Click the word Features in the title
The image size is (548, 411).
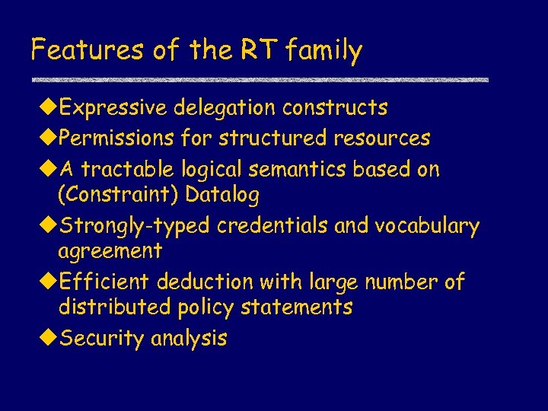click(x=78, y=51)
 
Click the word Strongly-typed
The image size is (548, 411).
click(x=135, y=227)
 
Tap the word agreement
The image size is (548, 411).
click(x=110, y=251)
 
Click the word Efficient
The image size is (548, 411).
click(x=105, y=282)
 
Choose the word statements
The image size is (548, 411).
click(x=304, y=307)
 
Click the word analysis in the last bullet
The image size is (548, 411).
click(x=189, y=339)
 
